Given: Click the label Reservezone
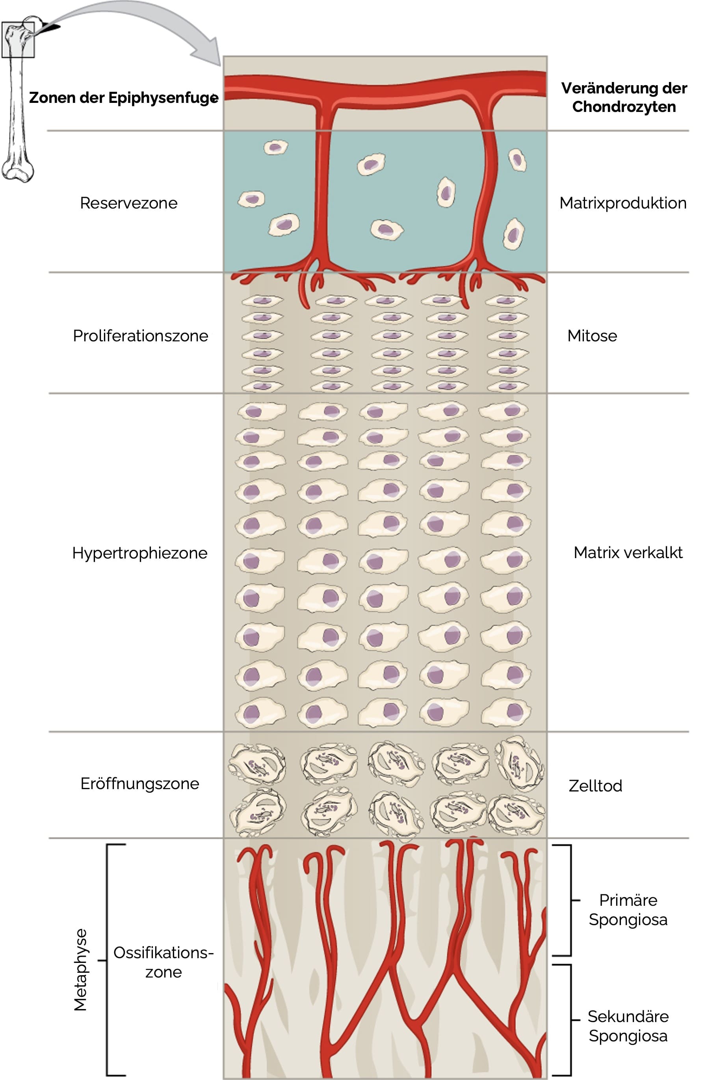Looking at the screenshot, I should pos(129,203).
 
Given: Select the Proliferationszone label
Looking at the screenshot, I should pos(141,336).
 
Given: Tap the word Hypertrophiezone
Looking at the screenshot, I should pos(139,553).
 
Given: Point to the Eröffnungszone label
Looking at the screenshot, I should pos(139,784).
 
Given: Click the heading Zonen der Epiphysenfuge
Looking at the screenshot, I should pos(123,98).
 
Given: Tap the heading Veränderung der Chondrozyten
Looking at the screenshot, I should pos(624,97).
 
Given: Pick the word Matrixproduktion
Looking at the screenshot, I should pos(622,203).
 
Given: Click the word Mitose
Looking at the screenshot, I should pos(592,336).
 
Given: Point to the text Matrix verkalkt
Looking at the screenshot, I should pos(628,552).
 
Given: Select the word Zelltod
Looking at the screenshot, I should pos(595,786).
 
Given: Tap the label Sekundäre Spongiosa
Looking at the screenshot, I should pos(628,1026).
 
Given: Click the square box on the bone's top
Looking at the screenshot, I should pos(18,40).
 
